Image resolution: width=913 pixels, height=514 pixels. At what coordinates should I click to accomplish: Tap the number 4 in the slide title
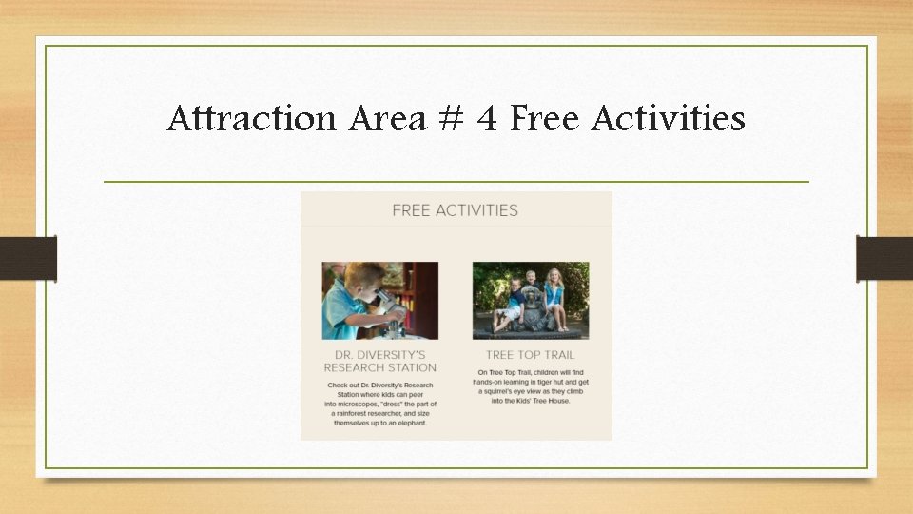point(486,120)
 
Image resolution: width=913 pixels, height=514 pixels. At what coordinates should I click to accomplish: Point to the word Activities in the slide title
point(668,120)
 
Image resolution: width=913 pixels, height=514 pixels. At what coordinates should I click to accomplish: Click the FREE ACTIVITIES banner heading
point(455,210)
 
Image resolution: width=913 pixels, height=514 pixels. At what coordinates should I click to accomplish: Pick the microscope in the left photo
point(389,307)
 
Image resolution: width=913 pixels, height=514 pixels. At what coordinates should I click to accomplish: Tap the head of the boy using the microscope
point(357,283)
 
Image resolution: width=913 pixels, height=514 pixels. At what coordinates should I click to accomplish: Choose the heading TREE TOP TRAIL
point(531,355)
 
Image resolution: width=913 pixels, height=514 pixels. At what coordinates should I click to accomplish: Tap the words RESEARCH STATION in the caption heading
point(380,367)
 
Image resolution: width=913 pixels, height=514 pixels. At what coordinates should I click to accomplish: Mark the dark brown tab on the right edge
point(884,259)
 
